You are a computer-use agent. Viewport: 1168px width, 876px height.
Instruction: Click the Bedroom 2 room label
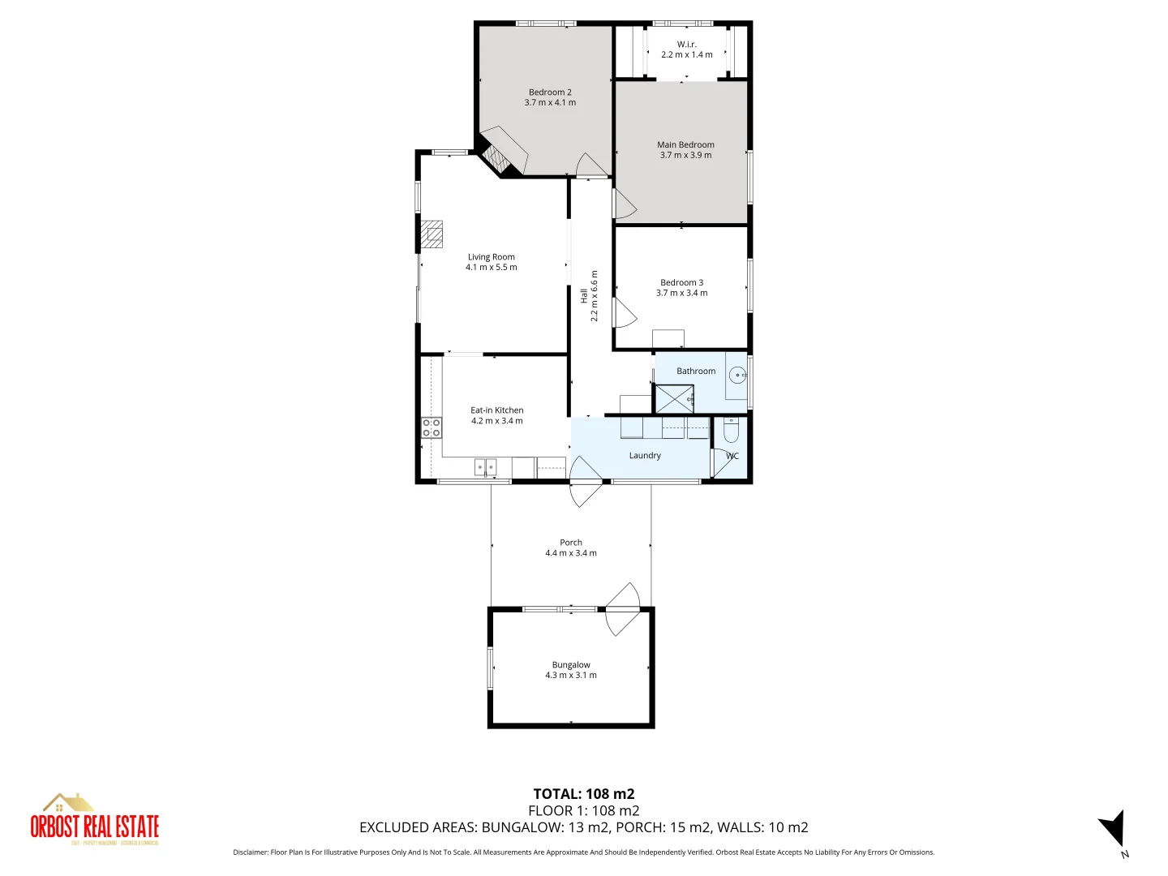[x=550, y=92]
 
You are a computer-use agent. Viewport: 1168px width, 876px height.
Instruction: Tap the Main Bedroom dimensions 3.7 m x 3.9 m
[x=685, y=156]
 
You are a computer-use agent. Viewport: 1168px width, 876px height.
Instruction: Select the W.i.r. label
[x=686, y=45]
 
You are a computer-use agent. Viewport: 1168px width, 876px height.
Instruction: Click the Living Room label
[x=491, y=257]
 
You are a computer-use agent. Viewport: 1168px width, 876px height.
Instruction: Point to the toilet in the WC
[x=731, y=429]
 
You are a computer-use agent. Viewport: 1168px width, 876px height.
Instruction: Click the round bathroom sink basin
[x=736, y=375]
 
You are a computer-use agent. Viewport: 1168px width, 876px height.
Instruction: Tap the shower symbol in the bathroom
[x=674, y=399]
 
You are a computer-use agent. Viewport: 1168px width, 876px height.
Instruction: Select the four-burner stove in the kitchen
[x=432, y=427]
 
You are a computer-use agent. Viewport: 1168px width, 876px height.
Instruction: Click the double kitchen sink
[x=485, y=467]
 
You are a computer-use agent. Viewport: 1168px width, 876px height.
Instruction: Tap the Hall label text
[x=583, y=296]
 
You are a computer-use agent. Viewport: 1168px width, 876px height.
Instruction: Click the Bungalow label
[x=571, y=665]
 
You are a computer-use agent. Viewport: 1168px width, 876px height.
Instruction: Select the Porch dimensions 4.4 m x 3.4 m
[x=571, y=553]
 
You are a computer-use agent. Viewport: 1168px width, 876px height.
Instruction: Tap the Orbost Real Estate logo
[x=94, y=820]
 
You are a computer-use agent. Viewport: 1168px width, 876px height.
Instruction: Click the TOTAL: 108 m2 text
[x=583, y=794]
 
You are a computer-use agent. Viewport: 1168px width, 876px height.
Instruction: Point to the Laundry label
[x=645, y=456]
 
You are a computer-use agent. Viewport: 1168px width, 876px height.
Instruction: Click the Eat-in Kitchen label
[x=497, y=410]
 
